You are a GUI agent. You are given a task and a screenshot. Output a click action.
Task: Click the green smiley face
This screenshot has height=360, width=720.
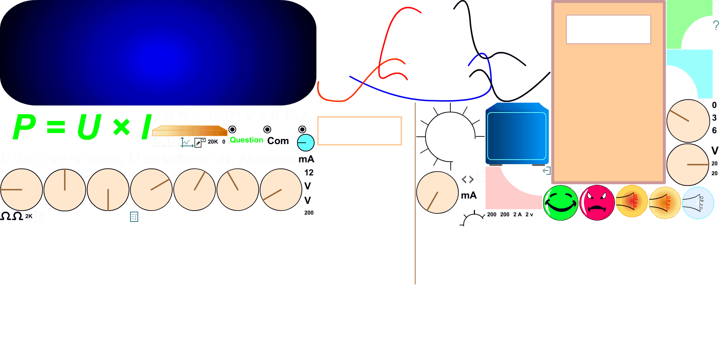click(560, 203)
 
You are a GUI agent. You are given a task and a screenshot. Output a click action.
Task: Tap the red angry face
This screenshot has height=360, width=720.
click(597, 203)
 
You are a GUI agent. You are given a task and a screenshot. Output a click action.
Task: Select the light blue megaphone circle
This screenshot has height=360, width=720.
click(698, 203)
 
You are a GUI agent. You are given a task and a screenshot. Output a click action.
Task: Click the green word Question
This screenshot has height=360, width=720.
click(246, 140)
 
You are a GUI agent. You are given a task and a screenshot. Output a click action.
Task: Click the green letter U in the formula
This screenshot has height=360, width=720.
click(89, 127)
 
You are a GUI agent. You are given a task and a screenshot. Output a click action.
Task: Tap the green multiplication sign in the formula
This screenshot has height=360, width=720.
click(122, 127)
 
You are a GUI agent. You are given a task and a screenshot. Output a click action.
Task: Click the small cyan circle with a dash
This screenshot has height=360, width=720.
click(306, 142)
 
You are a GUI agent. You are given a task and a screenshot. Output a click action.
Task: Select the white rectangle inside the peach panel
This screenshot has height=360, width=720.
click(608, 29)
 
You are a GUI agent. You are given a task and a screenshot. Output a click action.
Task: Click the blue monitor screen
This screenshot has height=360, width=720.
click(517, 135)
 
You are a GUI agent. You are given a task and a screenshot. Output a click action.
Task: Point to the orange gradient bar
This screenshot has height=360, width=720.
click(190, 131)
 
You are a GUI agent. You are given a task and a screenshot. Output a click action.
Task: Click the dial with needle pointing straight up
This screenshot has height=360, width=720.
click(65, 190)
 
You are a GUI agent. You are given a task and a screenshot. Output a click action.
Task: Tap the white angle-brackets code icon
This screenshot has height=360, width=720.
click(468, 180)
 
